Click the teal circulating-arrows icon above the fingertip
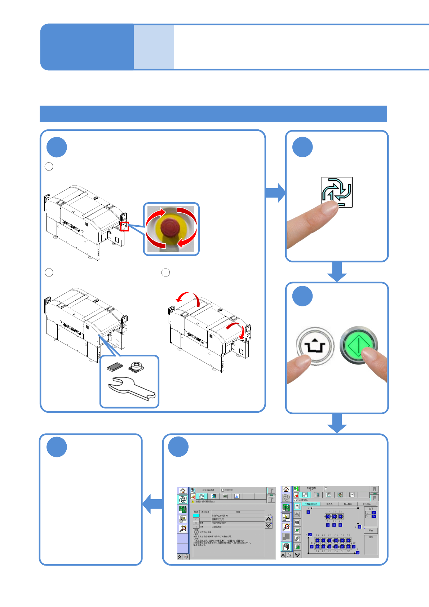point(337,192)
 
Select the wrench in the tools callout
point(132,389)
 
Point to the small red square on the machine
point(124,226)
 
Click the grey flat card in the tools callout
point(115,367)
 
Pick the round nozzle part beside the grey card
point(136,367)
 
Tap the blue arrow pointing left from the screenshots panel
point(152,504)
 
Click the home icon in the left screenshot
point(183,491)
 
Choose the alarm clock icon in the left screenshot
point(183,529)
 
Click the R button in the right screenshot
point(374,489)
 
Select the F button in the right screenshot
point(374,498)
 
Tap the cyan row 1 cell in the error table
point(196,515)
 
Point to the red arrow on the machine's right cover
point(236,329)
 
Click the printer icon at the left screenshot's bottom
point(186,557)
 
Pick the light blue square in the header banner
point(154,47)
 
